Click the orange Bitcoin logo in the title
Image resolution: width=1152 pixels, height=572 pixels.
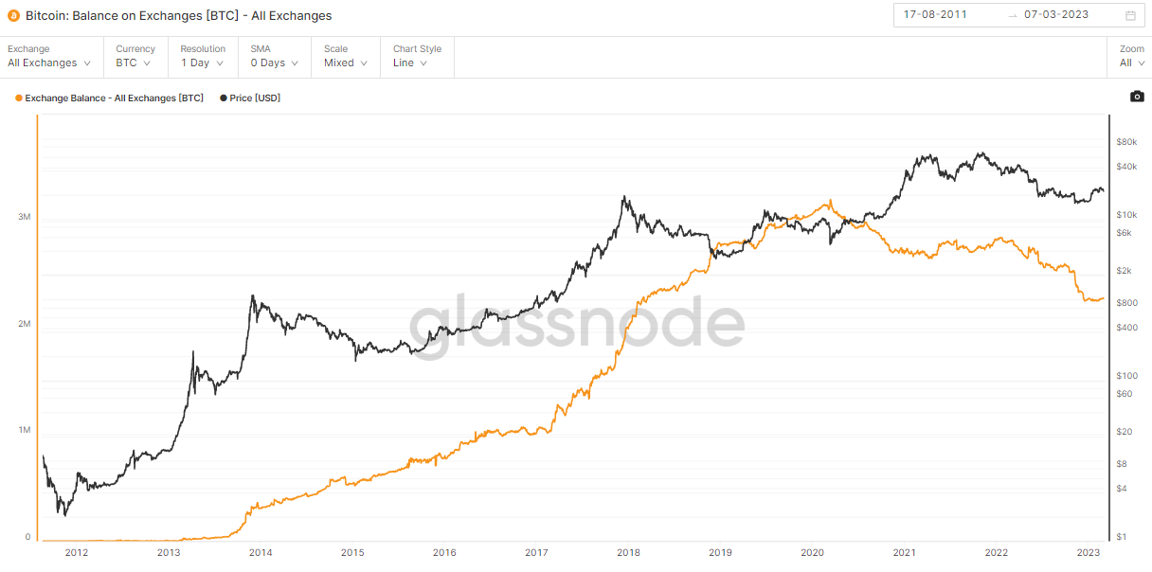tap(13, 15)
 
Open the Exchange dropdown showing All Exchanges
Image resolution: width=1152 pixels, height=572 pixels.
tap(49, 63)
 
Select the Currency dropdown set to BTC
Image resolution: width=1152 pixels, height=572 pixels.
tap(133, 63)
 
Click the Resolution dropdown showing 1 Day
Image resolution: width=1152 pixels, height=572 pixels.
tap(202, 63)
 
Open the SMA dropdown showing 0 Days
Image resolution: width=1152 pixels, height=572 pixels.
tap(274, 63)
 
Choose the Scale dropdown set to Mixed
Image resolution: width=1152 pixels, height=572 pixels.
tap(345, 63)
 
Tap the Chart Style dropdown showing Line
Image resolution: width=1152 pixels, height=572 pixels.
tap(410, 63)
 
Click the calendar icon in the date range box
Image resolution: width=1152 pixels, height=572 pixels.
tap(1130, 15)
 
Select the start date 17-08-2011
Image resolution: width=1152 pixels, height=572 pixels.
tap(935, 15)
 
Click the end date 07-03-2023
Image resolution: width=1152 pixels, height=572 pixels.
tap(1056, 15)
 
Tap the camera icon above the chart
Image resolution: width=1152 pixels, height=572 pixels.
tap(1137, 97)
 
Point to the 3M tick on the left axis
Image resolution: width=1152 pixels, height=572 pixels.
tap(25, 217)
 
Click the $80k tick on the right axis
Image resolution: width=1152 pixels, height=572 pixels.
tap(1126, 142)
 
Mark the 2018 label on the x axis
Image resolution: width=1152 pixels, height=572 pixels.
tap(626, 553)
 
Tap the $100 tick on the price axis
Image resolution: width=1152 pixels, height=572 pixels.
tap(1125, 376)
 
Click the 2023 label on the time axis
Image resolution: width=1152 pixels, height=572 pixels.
tap(1088, 553)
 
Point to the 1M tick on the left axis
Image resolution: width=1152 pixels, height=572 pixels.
tap(25, 431)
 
